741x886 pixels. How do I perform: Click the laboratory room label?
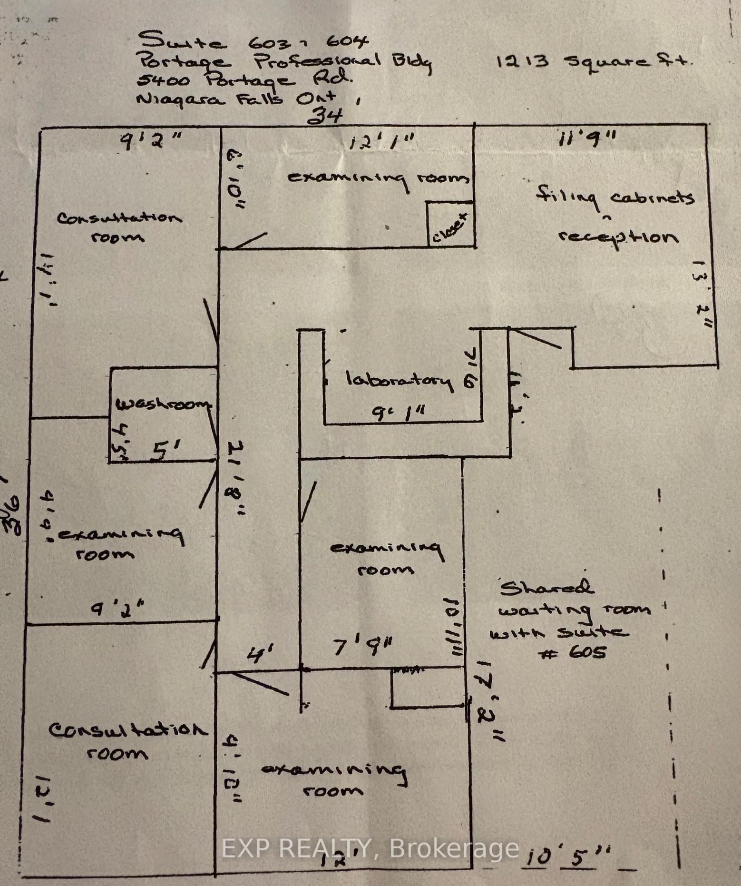tap(399, 380)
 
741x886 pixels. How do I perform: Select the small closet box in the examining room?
tap(450, 224)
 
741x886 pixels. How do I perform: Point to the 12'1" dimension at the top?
tap(382, 141)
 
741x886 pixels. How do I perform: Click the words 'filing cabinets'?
tap(615, 197)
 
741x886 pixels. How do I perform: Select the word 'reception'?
tap(617, 237)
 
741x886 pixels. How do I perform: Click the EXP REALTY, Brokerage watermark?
tap(370, 848)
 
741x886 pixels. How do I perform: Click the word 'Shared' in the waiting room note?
tap(546, 587)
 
